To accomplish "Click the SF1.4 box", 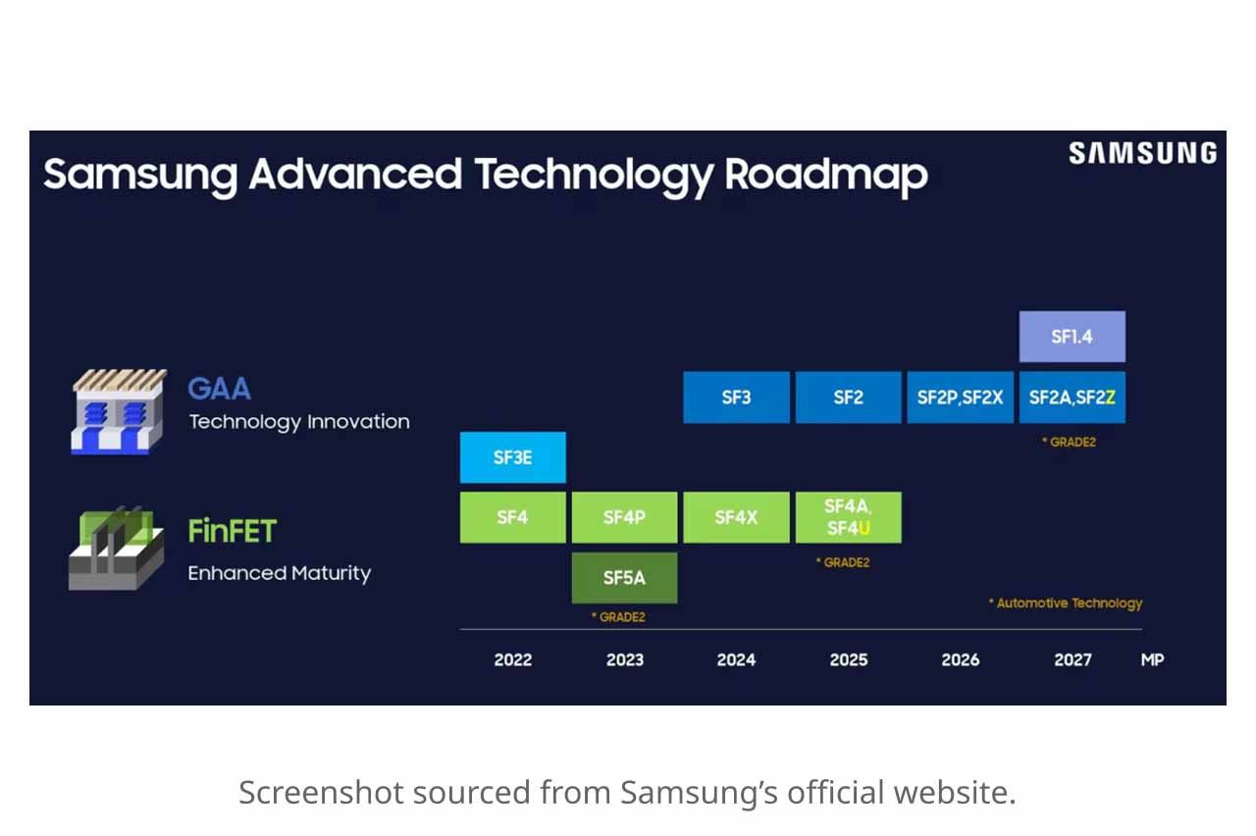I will click(x=1072, y=337).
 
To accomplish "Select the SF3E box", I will click(x=512, y=457).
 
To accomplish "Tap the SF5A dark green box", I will click(x=624, y=578).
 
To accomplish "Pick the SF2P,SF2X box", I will click(x=960, y=397).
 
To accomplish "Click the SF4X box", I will click(x=736, y=517).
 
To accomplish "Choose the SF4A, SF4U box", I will click(x=848, y=517).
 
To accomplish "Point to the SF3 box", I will click(x=736, y=397).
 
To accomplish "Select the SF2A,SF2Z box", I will click(x=1072, y=397).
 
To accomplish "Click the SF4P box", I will click(x=624, y=517).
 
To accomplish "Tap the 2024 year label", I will click(x=736, y=659).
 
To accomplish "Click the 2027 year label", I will click(x=1072, y=659).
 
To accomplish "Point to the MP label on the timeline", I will click(x=1152, y=659).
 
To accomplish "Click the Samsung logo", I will click(x=1142, y=153).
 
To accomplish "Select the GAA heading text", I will click(x=219, y=389).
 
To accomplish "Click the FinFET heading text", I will click(x=233, y=532).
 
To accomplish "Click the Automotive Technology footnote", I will click(x=1066, y=603).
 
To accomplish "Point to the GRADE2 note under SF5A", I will click(x=618, y=617).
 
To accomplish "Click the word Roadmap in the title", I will click(x=825, y=175).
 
